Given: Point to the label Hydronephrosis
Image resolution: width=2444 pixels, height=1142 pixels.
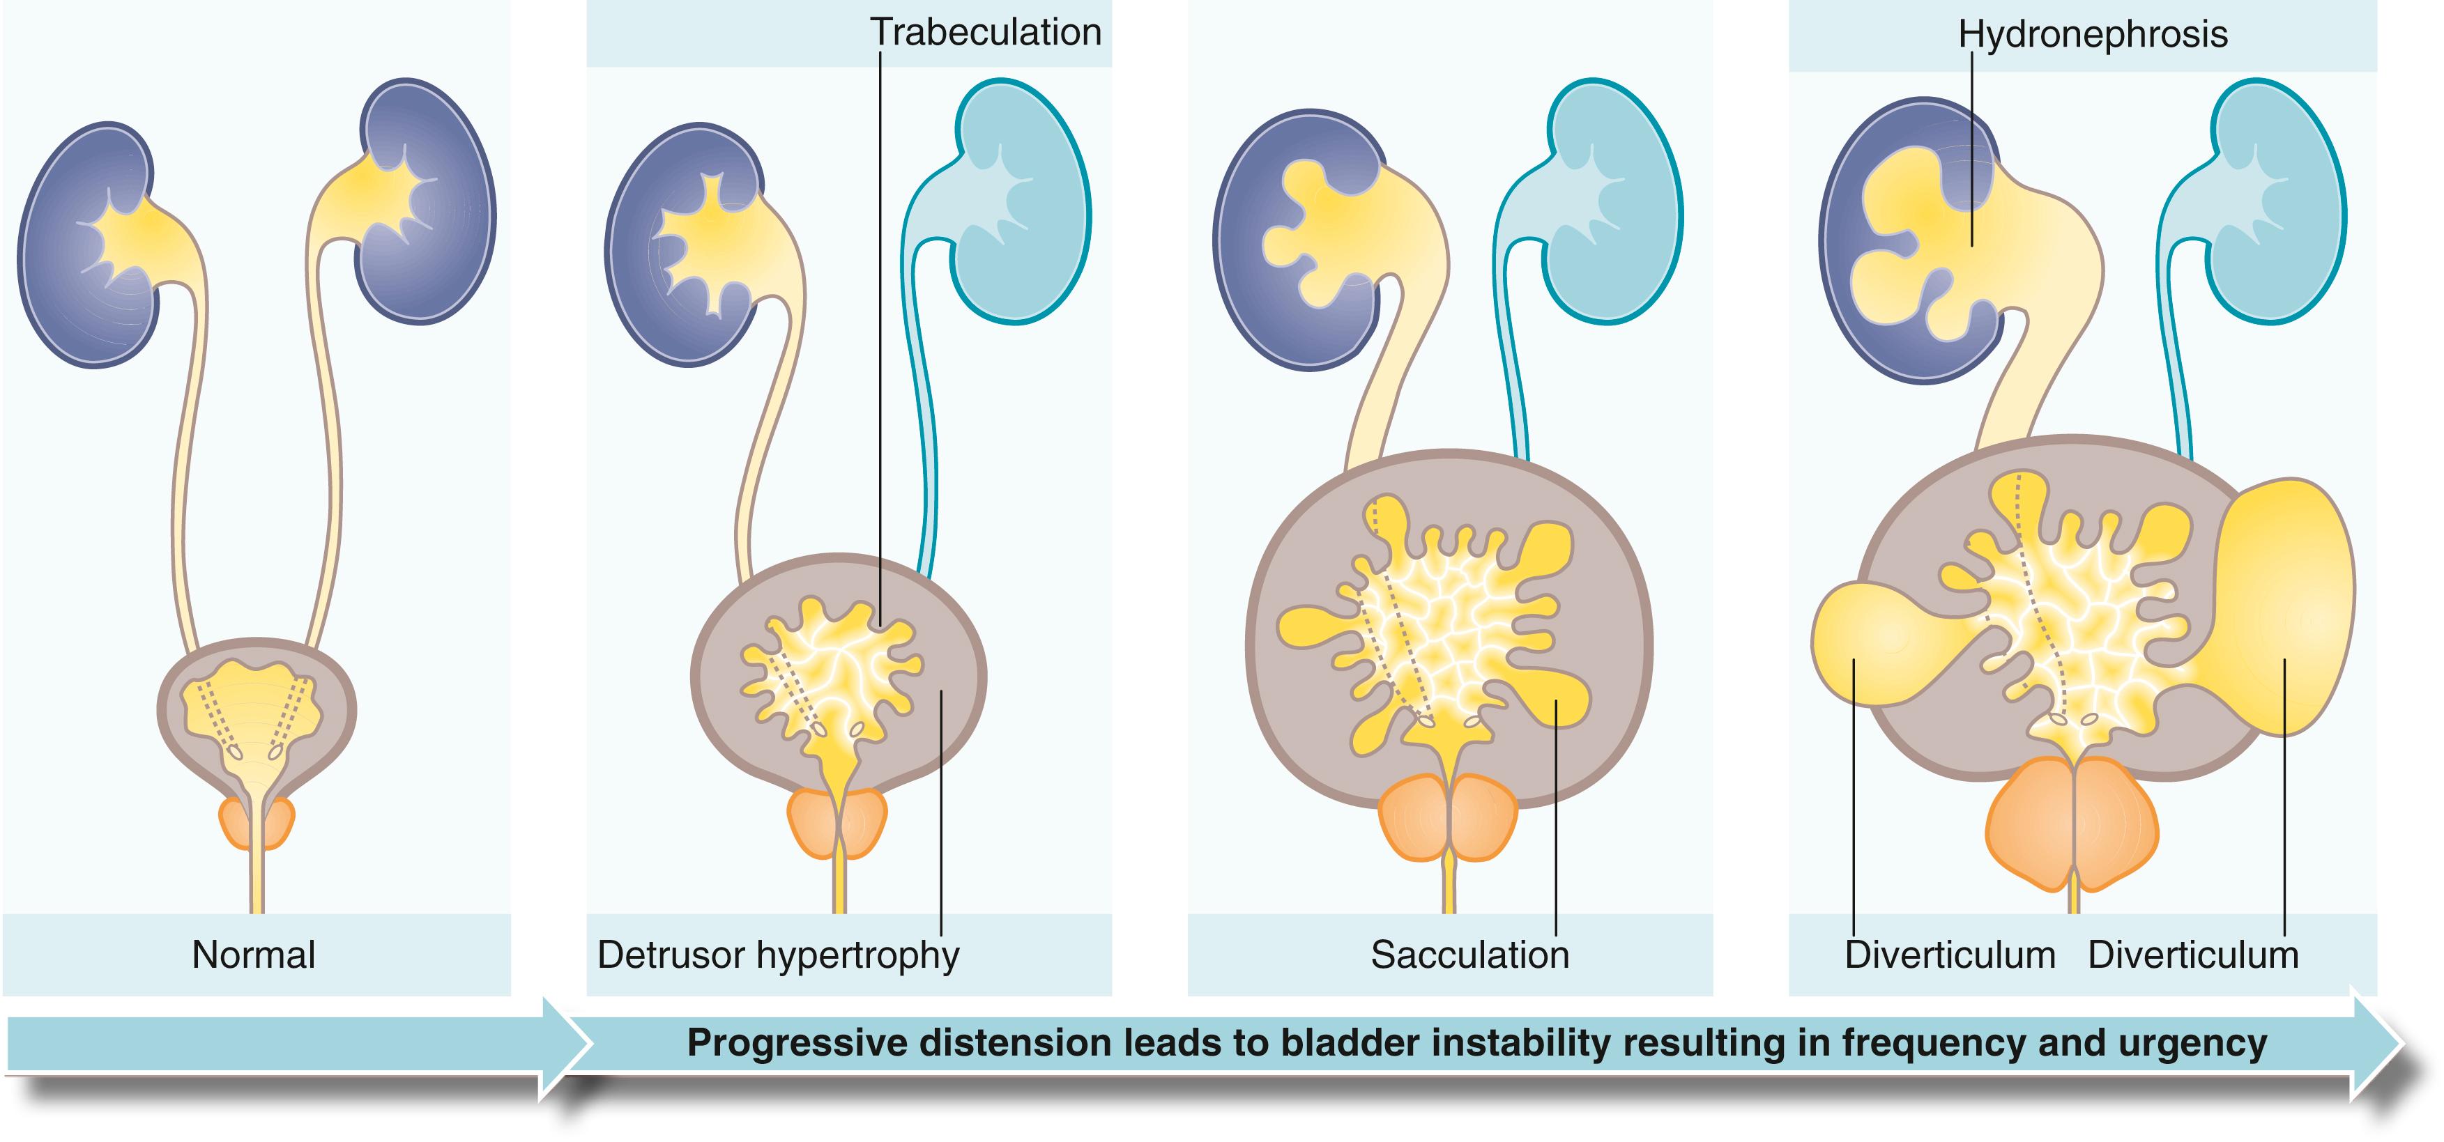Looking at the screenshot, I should [x=2092, y=35].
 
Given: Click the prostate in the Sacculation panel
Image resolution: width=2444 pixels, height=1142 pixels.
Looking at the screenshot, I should [x=1447, y=817].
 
